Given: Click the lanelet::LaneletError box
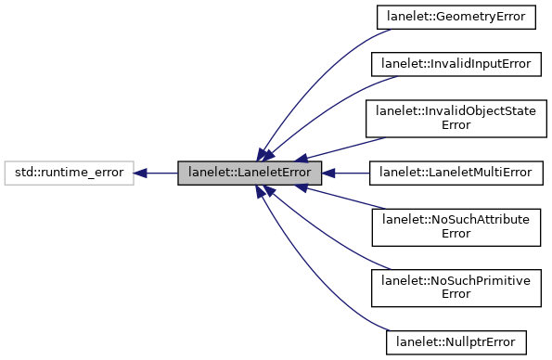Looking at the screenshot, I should coord(250,173).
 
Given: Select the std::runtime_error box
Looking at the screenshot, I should coord(68,173).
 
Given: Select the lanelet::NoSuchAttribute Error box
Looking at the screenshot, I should coord(456,226).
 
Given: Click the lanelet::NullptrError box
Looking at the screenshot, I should coord(456,341).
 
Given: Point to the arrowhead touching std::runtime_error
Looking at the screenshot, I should coord(141,173).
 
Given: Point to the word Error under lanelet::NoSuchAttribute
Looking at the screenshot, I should coord(456,233).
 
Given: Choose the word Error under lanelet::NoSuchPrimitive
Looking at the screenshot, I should coord(456,294).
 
